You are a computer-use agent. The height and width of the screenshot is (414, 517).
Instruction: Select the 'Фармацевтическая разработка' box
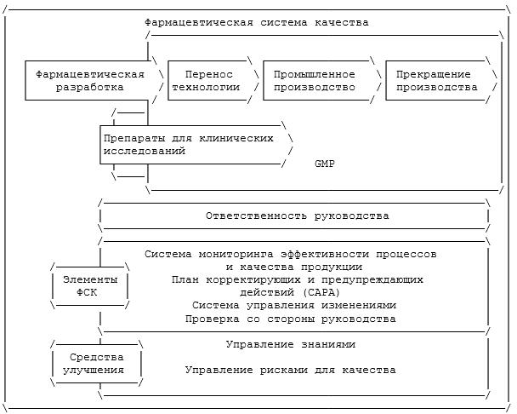(x=89, y=80)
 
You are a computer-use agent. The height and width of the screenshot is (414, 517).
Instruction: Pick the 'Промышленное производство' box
(x=314, y=80)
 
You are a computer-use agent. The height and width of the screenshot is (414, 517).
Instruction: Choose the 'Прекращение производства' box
(x=436, y=80)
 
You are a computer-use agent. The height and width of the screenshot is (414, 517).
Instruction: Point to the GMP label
(x=324, y=163)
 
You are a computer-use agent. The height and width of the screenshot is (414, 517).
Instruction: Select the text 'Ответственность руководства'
(x=297, y=216)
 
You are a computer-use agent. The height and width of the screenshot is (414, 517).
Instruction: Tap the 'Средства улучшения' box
(x=94, y=363)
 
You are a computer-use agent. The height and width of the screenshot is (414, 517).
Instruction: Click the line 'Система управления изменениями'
(x=293, y=305)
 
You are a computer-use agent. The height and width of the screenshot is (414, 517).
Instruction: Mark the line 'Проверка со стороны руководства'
(x=290, y=319)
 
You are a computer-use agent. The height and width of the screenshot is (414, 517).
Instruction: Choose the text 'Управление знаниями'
(x=290, y=344)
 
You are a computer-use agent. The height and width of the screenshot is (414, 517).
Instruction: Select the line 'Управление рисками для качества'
(x=290, y=370)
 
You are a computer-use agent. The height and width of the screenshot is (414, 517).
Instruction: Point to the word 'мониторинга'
(x=238, y=254)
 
